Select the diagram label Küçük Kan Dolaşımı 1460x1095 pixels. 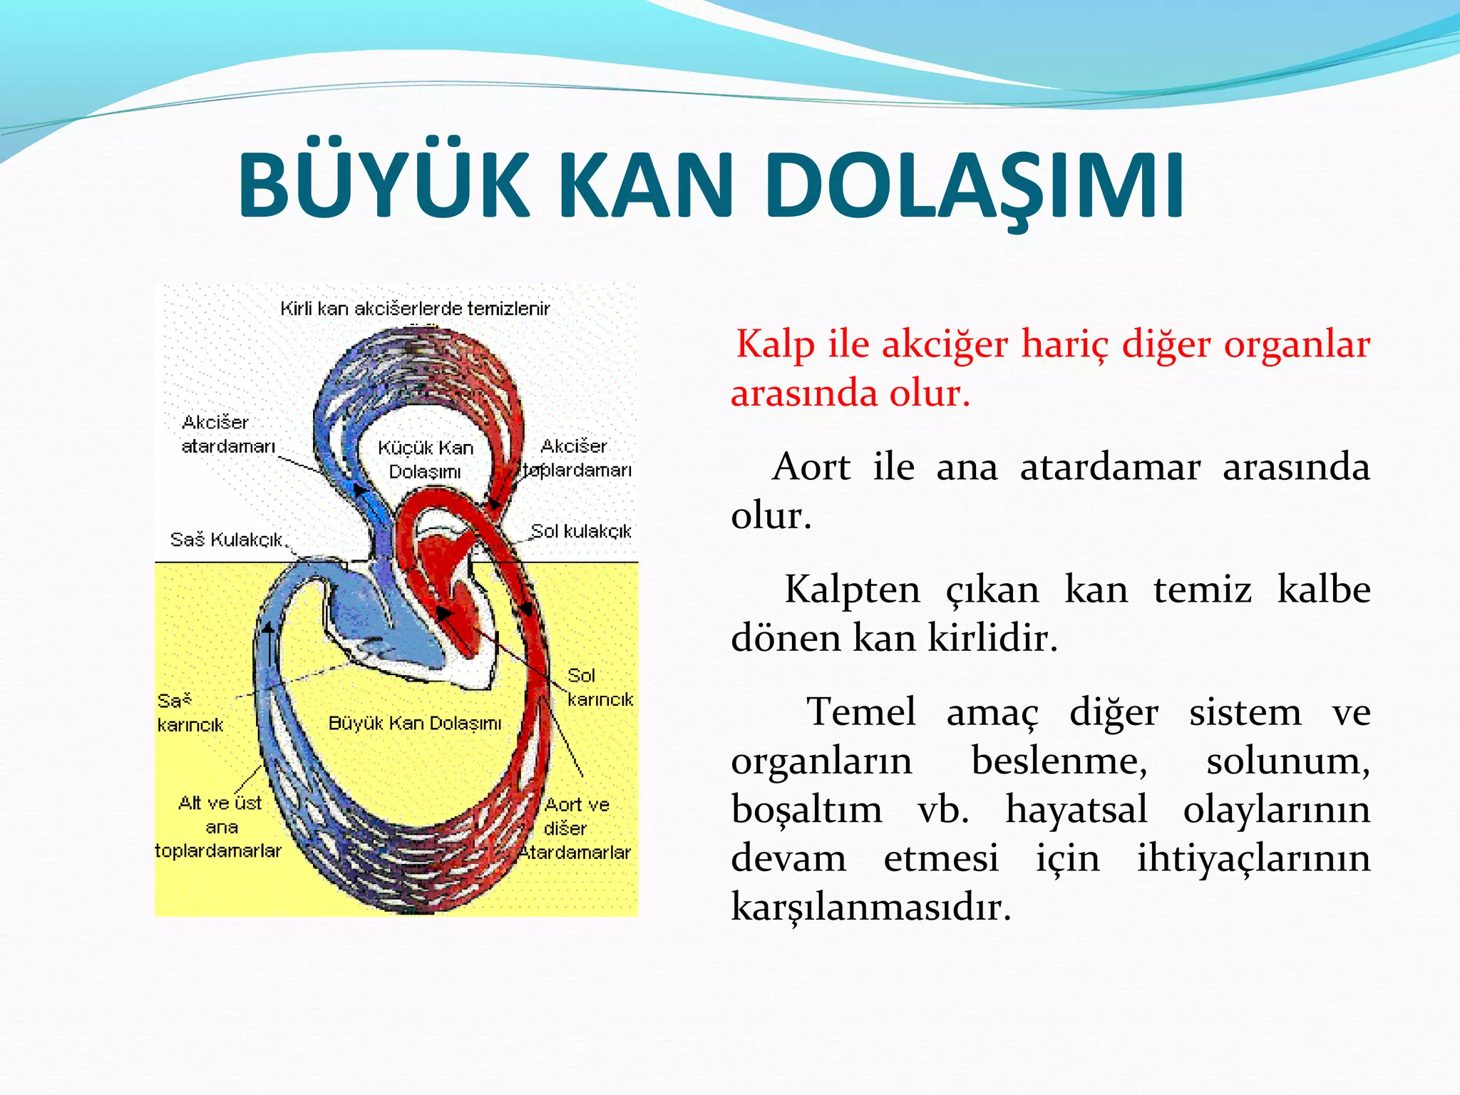point(426,459)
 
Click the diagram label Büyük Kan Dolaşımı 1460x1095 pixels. point(415,723)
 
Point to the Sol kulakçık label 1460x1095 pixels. point(581,531)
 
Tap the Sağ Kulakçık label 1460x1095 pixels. point(227,540)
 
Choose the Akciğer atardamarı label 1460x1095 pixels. point(227,434)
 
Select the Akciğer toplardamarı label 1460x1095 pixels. point(576,458)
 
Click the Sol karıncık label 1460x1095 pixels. point(599,687)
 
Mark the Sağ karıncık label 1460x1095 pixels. point(190,712)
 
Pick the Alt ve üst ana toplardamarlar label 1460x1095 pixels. point(219,827)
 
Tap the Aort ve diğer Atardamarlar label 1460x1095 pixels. point(575,828)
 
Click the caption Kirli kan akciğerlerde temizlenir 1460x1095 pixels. point(415,309)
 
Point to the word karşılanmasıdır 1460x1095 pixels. point(870,907)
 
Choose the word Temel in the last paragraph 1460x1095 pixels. point(860,712)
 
